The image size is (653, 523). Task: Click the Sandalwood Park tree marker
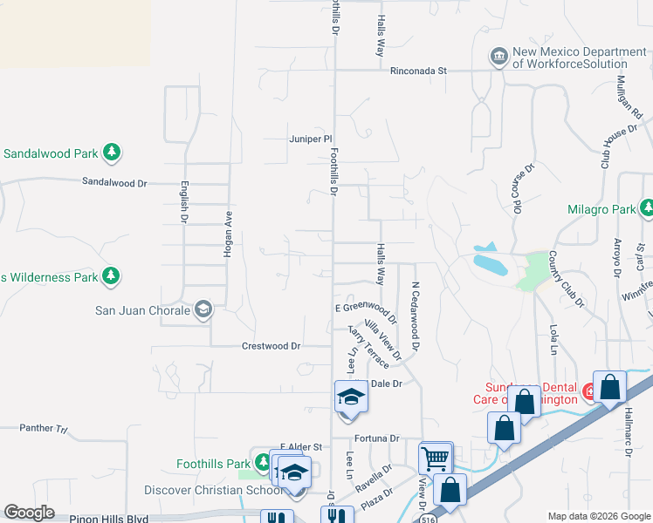tap(111, 153)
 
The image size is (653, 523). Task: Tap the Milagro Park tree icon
tap(647, 208)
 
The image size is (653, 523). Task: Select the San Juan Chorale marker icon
tap(203, 309)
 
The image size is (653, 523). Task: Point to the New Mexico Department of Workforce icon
tap(498, 58)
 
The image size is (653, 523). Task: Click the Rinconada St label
tap(418, 70)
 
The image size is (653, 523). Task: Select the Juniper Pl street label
tap(311, 139)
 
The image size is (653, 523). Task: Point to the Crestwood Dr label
tap(271, 346)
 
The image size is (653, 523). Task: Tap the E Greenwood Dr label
tap(364, 308)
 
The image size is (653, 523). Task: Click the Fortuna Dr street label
tap(376, 438)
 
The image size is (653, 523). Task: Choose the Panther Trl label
tap(43, 429)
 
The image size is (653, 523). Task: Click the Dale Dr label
tap(385, 383)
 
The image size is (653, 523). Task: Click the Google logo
tap(29, 513)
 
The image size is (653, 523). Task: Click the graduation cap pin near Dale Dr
tap(351, 396)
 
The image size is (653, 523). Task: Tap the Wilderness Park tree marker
tap(111, 277)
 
